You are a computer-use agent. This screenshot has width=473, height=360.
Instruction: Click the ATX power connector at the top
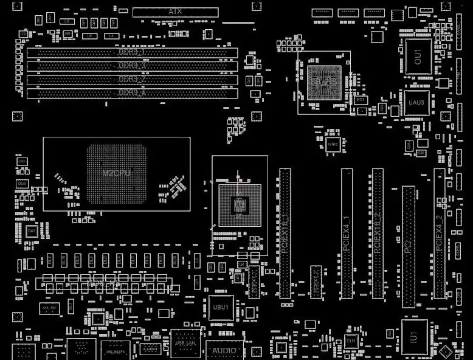(175, 12)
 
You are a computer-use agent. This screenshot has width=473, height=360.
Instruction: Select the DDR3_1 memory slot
(132, 53)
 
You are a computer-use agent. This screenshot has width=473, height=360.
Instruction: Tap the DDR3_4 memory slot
(132, 93)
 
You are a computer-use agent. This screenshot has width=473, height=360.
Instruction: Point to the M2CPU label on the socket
(116, 173)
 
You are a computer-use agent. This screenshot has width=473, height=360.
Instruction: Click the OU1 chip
(418, 57)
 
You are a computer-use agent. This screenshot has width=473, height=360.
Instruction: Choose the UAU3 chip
(416, 103)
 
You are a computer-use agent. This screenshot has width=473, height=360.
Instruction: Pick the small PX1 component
(361, 99)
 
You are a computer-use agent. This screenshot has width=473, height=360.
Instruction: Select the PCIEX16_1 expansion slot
(285, 233)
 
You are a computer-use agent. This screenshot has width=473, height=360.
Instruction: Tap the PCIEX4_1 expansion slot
(347, 233)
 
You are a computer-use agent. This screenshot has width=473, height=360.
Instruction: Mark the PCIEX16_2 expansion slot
(377, 233)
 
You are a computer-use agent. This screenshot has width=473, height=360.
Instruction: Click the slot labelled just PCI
(409, 246)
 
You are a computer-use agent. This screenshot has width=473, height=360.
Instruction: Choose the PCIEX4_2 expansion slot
(439, 233)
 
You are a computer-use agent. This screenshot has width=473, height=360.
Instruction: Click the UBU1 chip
(220, 308)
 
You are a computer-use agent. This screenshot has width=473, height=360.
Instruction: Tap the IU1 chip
(414, 336)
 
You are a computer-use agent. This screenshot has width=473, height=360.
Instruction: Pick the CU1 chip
(351, 342)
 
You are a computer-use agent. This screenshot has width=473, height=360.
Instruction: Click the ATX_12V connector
(49, 308)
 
